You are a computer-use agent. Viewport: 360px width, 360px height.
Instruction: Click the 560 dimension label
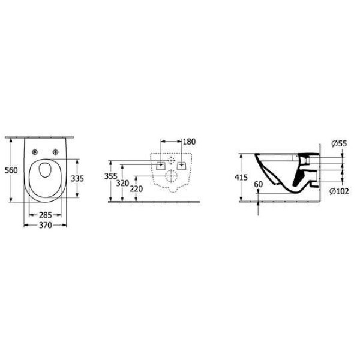tap(11, 170)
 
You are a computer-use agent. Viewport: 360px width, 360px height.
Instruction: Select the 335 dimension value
tap(77, 178)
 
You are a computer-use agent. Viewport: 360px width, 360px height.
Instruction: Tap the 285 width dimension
tap(45, 215)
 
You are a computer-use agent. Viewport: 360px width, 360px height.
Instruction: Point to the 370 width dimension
tap(45, 225)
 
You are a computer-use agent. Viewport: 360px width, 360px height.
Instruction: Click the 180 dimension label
tap(189, 142)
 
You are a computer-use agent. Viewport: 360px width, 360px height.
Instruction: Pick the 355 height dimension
tap(110, 176)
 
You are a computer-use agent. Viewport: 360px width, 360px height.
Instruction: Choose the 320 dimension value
tap(122, 184)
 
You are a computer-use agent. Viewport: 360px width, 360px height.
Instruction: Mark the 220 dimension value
tap(136, 189)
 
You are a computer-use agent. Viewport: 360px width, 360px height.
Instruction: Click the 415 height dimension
tap(241, 177)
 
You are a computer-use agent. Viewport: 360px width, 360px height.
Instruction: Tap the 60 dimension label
tap(258, 184)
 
